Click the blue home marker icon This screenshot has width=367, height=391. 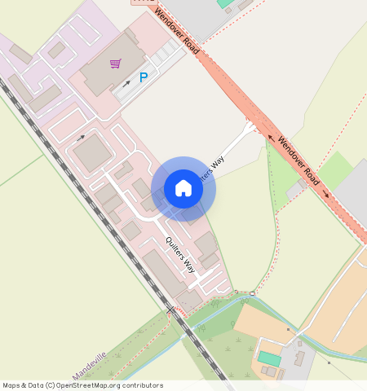tap(183, 189)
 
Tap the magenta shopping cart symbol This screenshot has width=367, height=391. tap(116, 63)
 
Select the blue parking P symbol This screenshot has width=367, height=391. tap(144, 77)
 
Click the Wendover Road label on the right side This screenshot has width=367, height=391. tap(301, 160)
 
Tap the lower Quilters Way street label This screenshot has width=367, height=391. tap(180, 254)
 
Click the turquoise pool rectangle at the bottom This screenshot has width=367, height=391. tap(269, 358)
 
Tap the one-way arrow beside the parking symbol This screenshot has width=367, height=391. tap(126, 83)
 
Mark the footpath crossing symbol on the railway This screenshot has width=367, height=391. tap(170, 310)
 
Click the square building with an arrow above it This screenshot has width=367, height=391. tap(91, 153)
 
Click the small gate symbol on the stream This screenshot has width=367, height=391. tap(253, 293)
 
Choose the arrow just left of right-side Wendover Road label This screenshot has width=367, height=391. tap(272, 138)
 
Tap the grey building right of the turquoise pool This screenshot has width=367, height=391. tap(299, 358)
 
